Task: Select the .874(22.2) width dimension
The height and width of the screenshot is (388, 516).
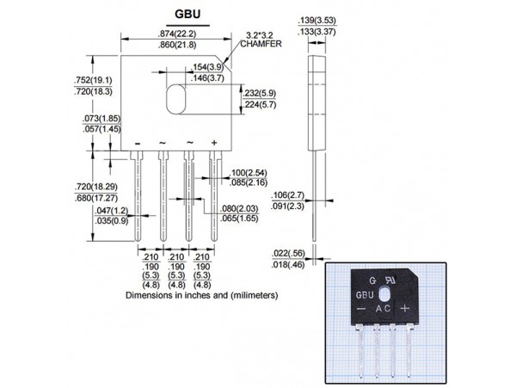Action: click(178, 33)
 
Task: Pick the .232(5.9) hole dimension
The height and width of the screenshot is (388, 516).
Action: click(261, 92)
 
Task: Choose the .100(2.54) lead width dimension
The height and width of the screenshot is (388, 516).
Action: click(249, 173)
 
